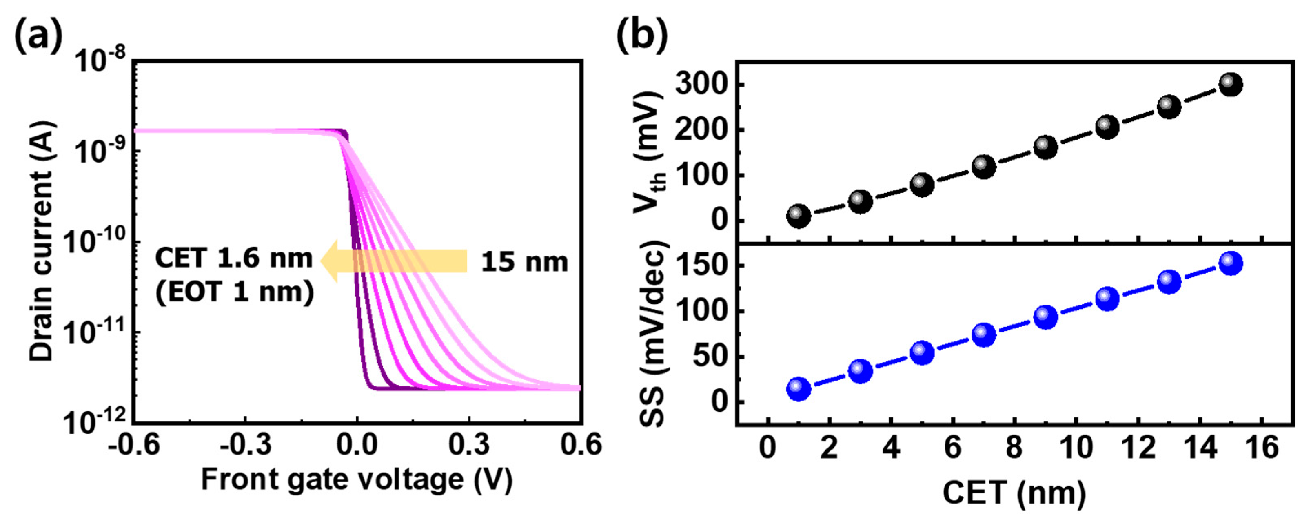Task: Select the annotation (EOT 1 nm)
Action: (235, 292)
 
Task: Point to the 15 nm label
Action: (524, 263)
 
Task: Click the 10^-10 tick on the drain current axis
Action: (94, 242)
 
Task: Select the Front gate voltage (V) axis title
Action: (356, 480)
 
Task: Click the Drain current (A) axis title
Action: (42, 241)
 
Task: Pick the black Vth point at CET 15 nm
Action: (1231, 85)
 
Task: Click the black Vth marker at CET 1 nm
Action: (798, 216)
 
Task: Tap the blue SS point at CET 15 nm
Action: (1231, 263)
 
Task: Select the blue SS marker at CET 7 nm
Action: (984, 334)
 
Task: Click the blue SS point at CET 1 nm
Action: (798, 390)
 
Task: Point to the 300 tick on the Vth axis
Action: (702, 85)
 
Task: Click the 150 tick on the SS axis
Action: (702, 266)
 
